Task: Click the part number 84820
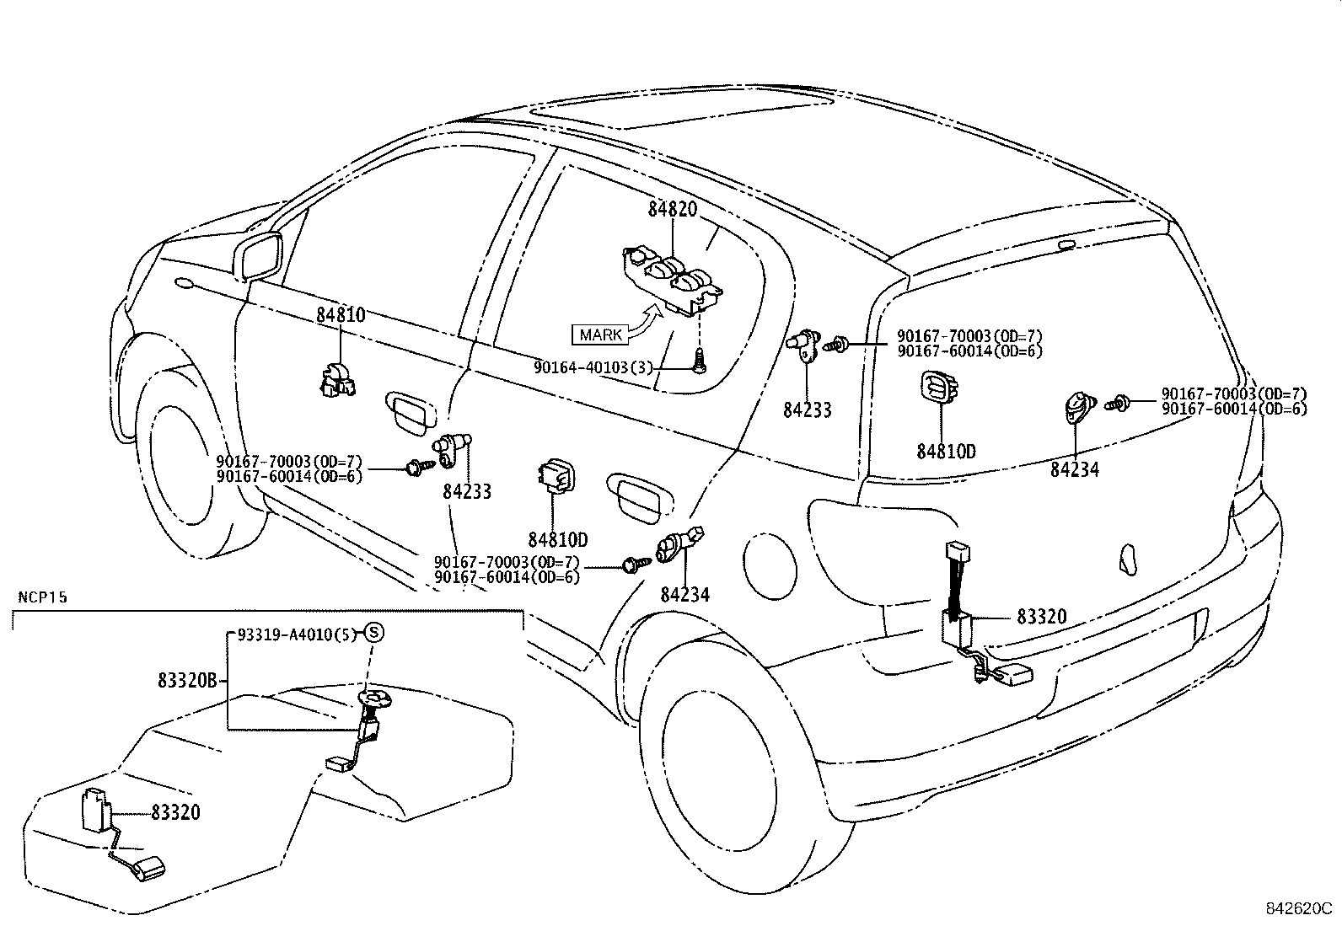coord(673,210)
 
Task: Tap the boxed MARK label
coord(601,335)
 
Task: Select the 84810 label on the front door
coord(341,315)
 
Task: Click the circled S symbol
coord(373,634)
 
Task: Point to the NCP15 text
coord(43,597)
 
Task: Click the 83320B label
coord(187,679)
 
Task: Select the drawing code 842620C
coord(1297,909)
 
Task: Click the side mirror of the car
coord(260,255)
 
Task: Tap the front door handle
coord(411,413)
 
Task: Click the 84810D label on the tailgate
coord(946,452)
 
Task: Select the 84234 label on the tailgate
coord(1074,470)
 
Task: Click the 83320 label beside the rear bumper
coord(1041,617)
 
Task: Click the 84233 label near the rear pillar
coord(807,410)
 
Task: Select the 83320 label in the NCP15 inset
coord(176,812)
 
